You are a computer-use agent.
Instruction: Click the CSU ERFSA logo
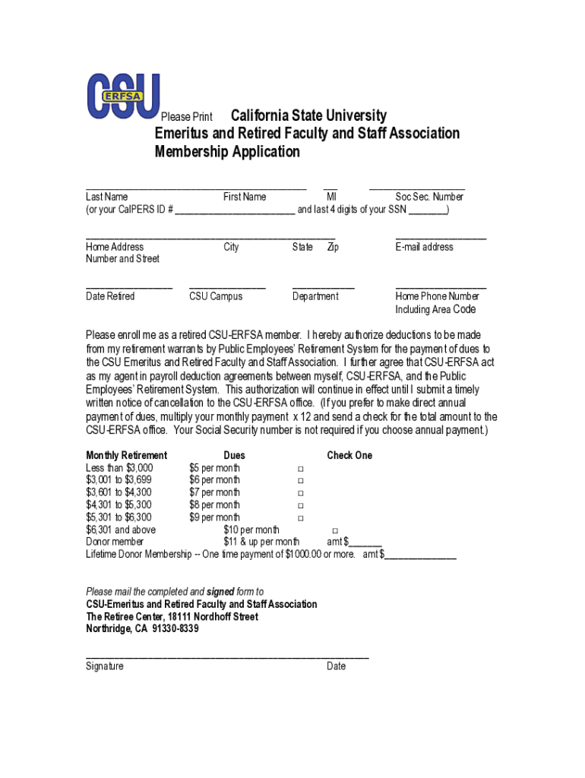point(123,96)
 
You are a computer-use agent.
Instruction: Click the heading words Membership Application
point(227,152)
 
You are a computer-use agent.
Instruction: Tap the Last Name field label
point(106,197)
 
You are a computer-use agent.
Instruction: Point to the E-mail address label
point(424,247)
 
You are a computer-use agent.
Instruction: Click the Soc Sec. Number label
point(429,197)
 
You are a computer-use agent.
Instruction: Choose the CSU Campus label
point(216,296)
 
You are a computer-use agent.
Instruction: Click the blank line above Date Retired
point(129,288)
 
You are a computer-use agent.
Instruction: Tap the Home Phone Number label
point(437,296)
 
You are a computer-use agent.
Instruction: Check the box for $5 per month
point(300,468)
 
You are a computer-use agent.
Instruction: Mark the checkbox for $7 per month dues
point(300,493)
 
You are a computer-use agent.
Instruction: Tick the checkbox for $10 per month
point(335,530)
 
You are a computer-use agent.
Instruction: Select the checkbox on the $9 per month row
point(300,518)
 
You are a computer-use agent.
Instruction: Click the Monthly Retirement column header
point(126,455)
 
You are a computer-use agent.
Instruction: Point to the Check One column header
point(349,455)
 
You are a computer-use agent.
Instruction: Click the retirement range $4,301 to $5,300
point(119,505)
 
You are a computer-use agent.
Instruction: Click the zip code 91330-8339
point(175,629)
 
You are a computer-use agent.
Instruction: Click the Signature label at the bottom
point(105,666)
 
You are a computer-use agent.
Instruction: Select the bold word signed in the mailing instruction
point(220,592)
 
